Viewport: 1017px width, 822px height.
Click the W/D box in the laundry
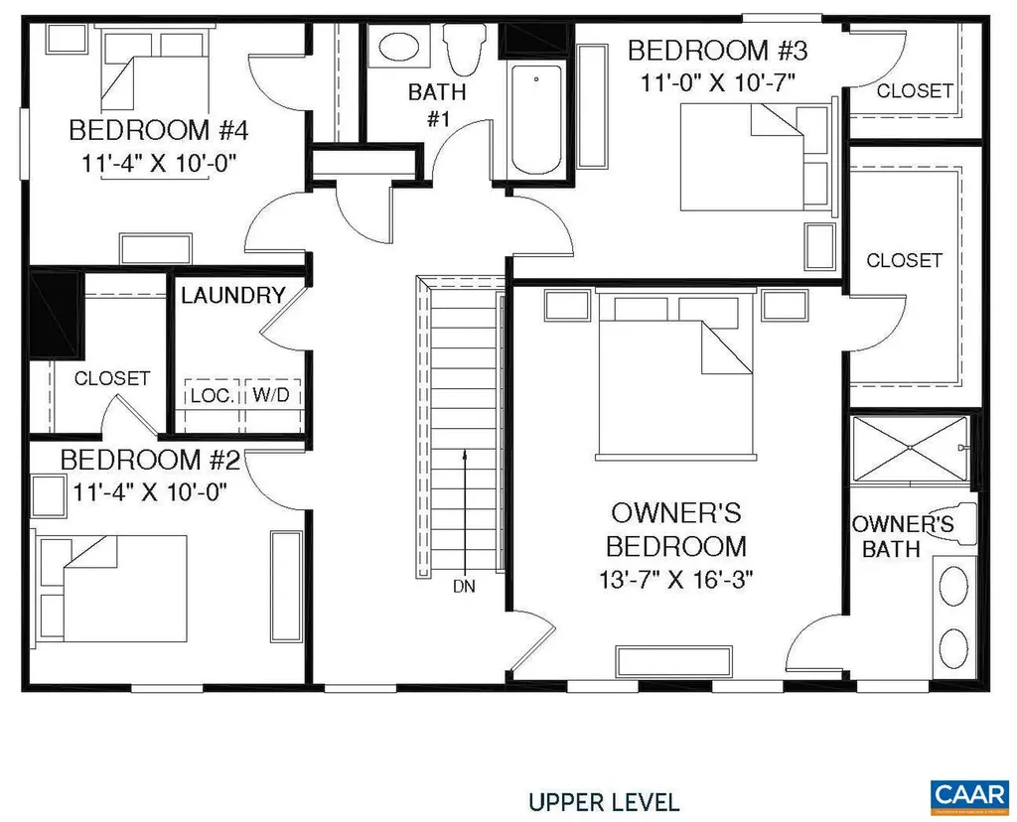click(271, 394)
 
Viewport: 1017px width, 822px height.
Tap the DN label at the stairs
click(464, 586)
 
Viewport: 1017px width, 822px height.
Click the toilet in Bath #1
click(462, 45)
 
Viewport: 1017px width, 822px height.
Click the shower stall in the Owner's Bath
click(908, 450)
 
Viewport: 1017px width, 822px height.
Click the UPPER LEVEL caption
click(604, 801)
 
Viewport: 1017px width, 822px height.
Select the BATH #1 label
click(437, 105)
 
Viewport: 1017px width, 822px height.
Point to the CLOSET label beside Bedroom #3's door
click(915, 90)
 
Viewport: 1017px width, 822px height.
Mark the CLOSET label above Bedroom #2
click(112, 378)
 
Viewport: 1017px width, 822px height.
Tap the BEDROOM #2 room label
click(150, 461)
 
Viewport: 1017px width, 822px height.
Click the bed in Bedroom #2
click(112, 588)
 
